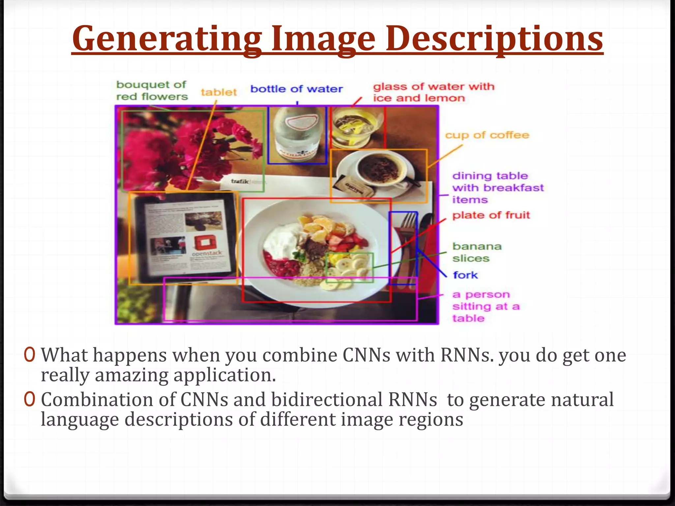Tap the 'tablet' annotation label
pos(219,92)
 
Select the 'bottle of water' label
pos(297,89)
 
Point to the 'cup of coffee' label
pos(487,135)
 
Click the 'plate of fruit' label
pos(491,215)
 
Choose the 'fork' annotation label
pos(465,275)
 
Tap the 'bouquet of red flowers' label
pos(152,91)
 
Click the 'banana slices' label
pos(477,252)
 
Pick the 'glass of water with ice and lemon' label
pos(434,92)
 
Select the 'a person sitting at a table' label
pos(485,306)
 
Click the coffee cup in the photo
pos(379,168)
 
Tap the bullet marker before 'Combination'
pos(29,399)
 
